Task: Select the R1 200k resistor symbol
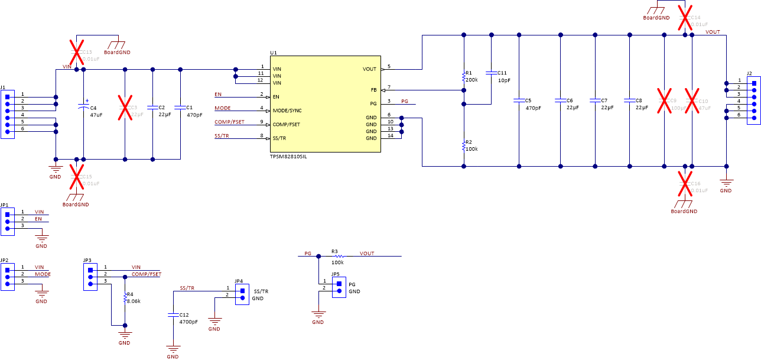[x=464, y=77]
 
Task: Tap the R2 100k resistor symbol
[x=464, y=146]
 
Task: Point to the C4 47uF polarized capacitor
[x=83, y=108]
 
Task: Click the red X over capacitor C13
[x=76, y=53]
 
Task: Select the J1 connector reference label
[x=4, y=87]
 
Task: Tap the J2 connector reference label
[x=749, y=73]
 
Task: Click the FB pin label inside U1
[x=373, y=90]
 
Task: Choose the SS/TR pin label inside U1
[x=279, y=138]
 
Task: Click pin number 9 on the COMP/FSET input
[x=261, y=122]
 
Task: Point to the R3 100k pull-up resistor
[x=339, y=257]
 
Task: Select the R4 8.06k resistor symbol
[x=125, y=299]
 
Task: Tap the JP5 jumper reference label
[x=336, y=274]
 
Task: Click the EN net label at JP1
[x=38, y=219]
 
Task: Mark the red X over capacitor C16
[x=685, y=184]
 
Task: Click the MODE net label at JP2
[x=43, y=274]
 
